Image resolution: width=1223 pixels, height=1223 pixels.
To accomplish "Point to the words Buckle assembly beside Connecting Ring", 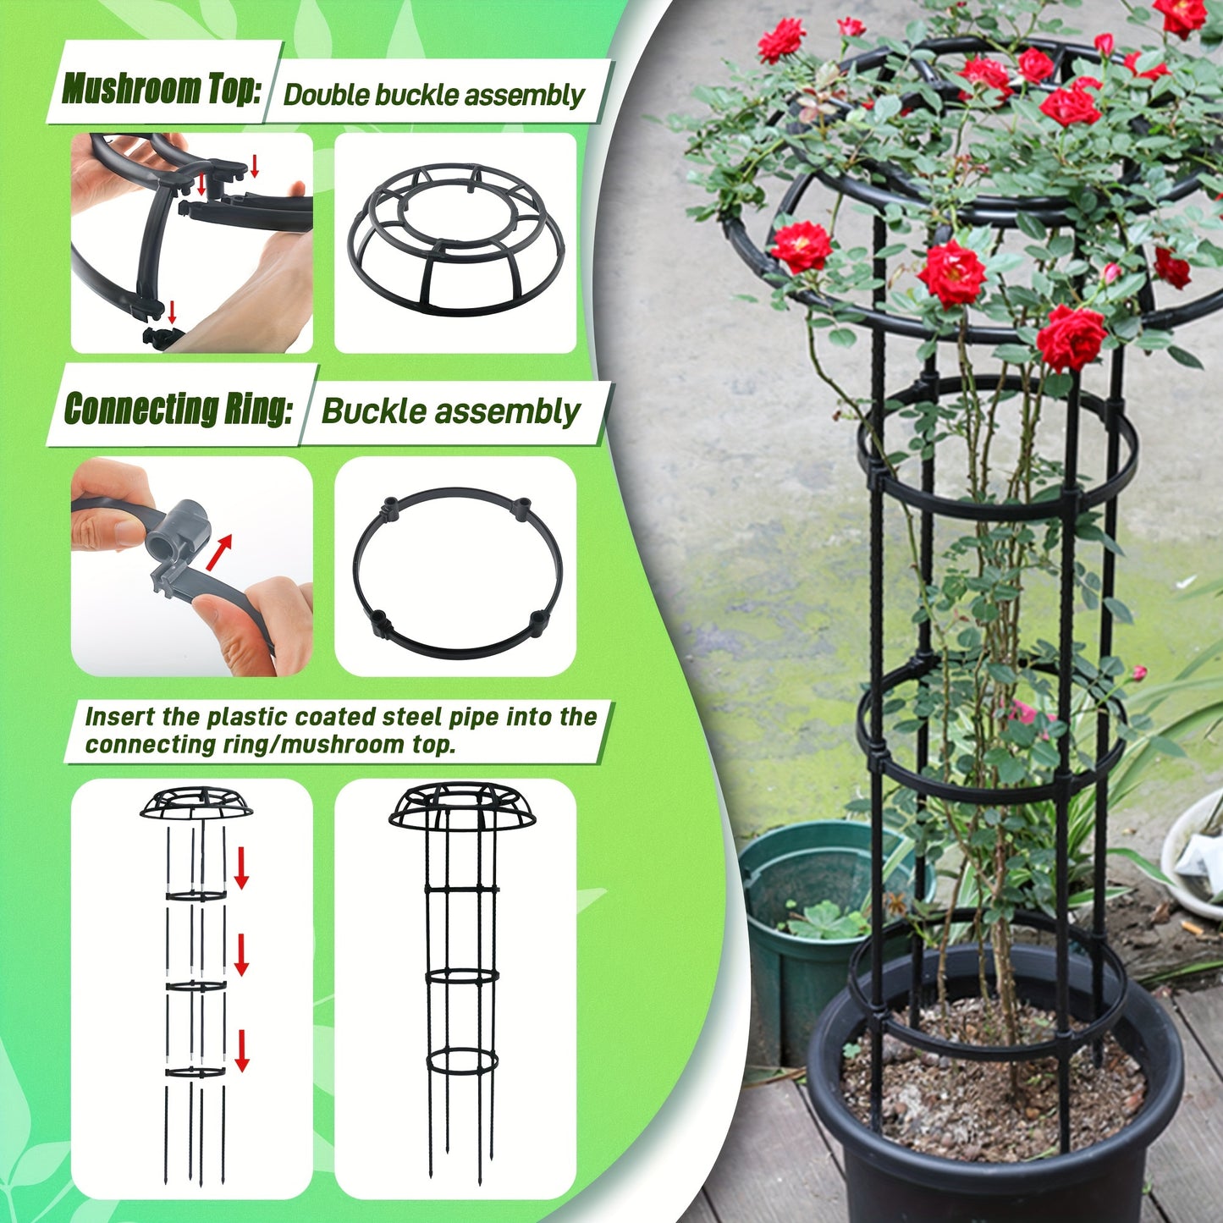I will [451, 412].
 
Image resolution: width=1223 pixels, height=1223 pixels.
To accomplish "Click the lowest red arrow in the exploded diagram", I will [242, 1050].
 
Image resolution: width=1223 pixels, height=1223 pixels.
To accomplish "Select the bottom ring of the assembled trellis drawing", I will [462, 1061].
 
